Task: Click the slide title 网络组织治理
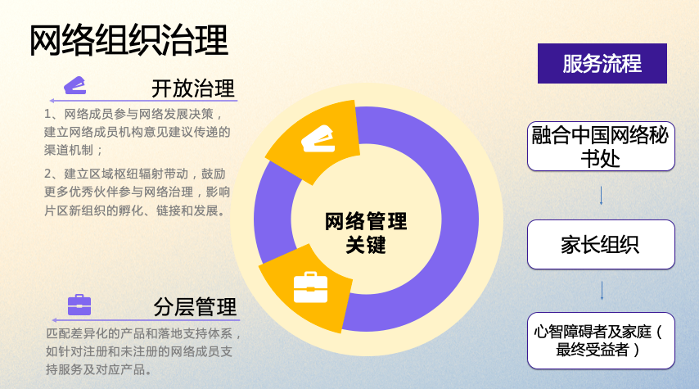(129, 41)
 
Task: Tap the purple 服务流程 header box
(602, 63)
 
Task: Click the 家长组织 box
(601, 244)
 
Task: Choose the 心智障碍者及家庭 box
(601, 340)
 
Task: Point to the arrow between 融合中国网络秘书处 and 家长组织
(602, 196)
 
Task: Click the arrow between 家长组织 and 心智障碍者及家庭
(602, 291)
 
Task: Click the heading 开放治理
(193, 88)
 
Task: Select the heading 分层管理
(195, 307)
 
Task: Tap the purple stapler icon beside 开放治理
(75, 85)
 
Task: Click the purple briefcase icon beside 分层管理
(79, 305)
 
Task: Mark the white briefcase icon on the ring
(310, 287)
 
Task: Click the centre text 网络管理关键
(365, 233)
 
